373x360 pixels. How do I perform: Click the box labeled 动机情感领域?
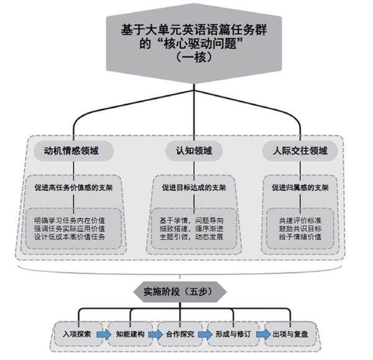tap(70, 150)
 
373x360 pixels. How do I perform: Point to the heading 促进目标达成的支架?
tap(194, 187)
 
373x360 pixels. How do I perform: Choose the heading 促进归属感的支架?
tap(300, 186)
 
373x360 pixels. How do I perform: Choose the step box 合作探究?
tap(180, 334)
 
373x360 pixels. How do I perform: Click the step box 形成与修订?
tap(231, 334)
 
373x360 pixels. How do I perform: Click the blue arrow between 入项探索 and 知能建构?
tap(103, 334)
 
